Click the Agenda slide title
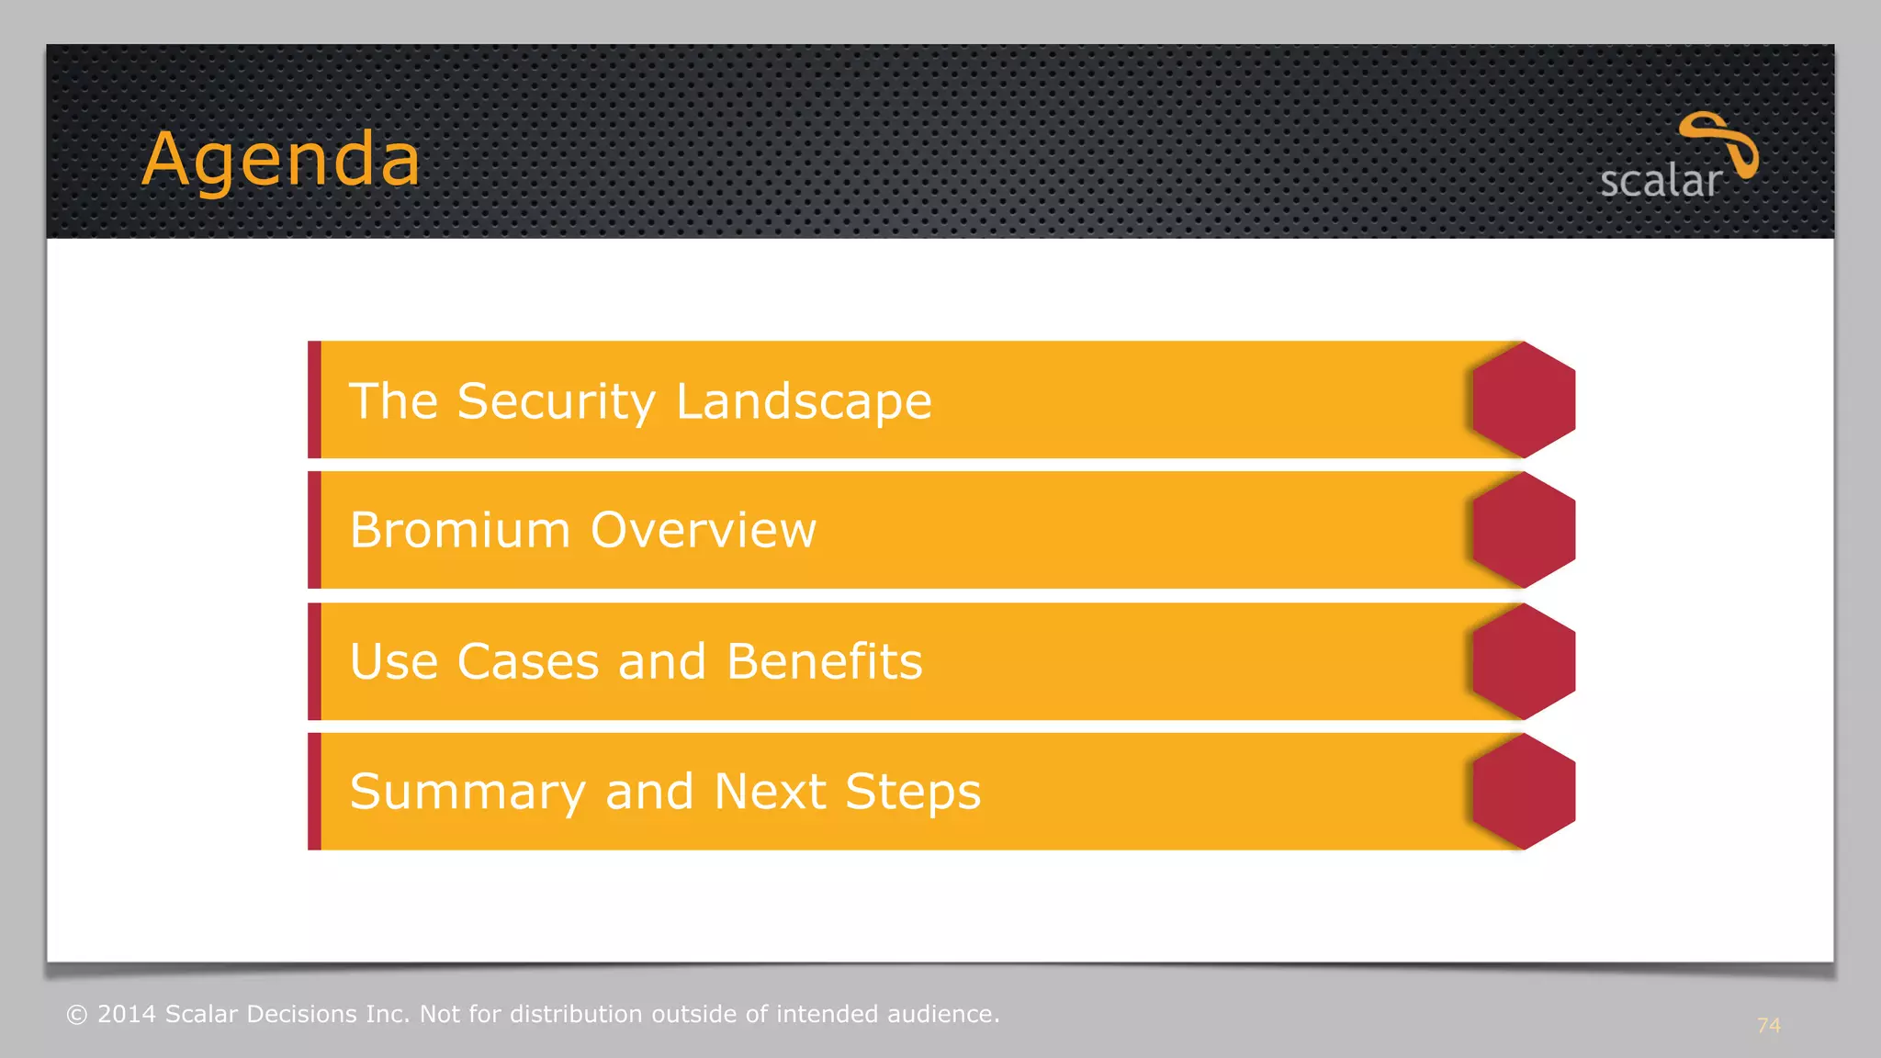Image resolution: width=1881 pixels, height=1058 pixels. pyautogui.click(x=281, y=160)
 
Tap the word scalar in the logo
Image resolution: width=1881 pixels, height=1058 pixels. pyautogui.click(x=1660, y=181)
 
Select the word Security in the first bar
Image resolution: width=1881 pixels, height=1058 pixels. pyautogui.click(x=556, y=401)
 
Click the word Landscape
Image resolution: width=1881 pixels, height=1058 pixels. pyautogui.click(x=804, y=401)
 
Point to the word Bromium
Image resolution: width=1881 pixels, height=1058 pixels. pyautogui.click(x=460, y=530)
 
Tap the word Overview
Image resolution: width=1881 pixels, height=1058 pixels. pyautogui.click(x=703, y=530)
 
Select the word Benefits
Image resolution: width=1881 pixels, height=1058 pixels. pyautogui.click(x=824, y=661)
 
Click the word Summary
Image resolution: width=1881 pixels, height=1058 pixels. pyautogui.click(x=467, y=792)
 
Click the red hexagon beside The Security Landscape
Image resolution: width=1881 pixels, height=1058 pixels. pyautogui.click(x=1523, y=400)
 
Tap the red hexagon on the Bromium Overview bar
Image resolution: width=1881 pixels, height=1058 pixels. pyautogui.click(x=1523, y=530)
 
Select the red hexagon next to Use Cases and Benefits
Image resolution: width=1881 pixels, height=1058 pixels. pyautogui.click(x=1523, y=661)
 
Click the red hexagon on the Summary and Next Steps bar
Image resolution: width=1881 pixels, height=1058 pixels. pyautogui.click(x=1523, y=792)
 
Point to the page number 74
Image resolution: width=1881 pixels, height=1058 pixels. pyautogui.click(x=1768, y=1026)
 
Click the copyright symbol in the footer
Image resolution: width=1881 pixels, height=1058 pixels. pyautogui.click(x=77, y=1015)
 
